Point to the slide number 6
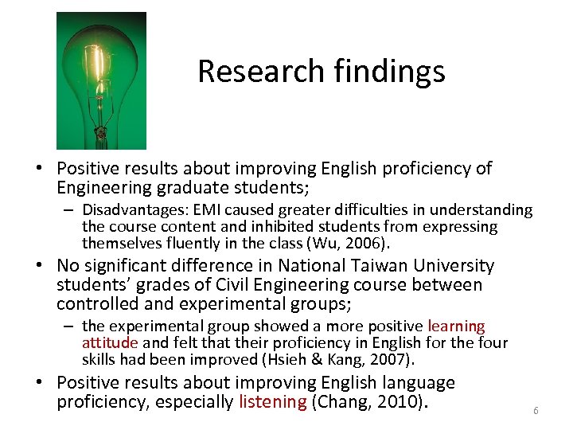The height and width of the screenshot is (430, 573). pos(536,411)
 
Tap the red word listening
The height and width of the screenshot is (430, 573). pos(272,401)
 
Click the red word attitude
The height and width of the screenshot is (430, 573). pos(109,342)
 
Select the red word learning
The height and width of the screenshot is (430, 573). pos(456,326)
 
